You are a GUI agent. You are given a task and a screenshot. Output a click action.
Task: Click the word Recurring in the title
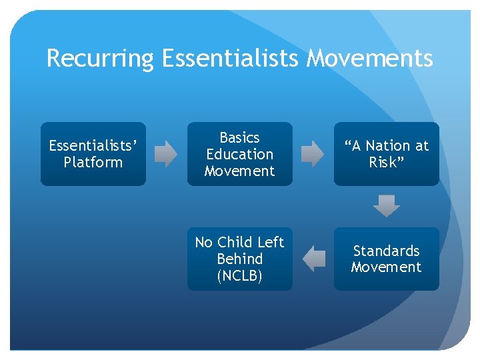coord(100,59)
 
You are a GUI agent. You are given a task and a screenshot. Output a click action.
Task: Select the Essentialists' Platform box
coord(93,154)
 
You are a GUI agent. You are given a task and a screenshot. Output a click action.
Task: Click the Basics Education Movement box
coord(239,154)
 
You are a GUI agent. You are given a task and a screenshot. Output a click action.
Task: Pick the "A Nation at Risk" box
coord(386,154)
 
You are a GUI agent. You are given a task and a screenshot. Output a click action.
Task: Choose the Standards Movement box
coord(386,259)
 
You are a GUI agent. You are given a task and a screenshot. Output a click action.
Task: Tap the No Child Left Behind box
coord(239,259)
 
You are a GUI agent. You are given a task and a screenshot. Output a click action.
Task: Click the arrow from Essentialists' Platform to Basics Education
coord(166,154)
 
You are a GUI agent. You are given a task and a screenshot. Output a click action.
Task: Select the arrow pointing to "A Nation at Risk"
coord(313,154)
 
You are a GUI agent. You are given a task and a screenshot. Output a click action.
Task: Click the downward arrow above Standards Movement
coord(386,206)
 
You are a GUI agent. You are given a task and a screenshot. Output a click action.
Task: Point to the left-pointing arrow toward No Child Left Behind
coord(313,259)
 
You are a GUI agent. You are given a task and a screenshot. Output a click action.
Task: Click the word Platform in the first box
coord(93,163)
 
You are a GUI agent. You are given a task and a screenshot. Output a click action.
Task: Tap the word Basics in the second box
coord(239,138)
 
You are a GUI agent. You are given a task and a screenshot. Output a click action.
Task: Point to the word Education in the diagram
coord(239,154)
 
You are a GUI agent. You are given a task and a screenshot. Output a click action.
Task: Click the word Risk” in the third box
coord(386,163)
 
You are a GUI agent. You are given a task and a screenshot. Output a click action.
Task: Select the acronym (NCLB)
coord(239,275)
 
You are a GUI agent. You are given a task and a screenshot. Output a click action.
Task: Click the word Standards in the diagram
coord(386,251)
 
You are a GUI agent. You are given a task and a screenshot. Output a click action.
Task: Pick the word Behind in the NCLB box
coord(239,259)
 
